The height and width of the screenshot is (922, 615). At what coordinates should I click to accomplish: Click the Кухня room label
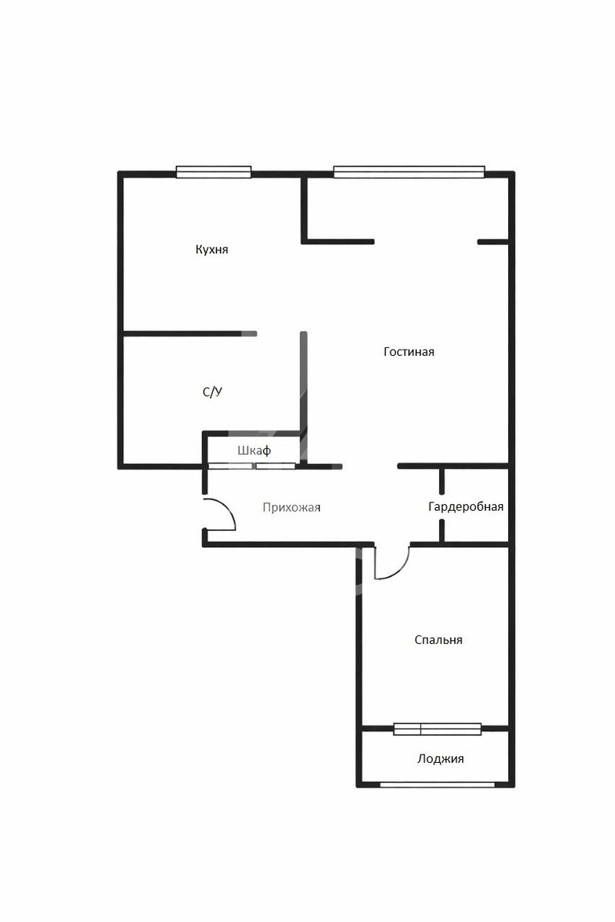(x=211, y=250)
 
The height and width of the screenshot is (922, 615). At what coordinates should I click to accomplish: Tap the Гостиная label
(x=409, y=352)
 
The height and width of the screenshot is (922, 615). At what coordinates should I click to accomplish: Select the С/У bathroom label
(x=212, y=392)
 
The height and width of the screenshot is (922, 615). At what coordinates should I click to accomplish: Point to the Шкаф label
(x=254, y=451)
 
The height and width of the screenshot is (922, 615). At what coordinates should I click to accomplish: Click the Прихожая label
(x=291, y=508)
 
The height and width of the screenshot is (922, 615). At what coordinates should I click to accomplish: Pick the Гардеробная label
(x=466, y=506)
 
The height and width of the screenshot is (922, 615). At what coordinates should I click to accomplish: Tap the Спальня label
(x=438, y=640)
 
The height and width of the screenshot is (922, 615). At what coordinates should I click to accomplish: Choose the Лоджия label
(x=440, y=758)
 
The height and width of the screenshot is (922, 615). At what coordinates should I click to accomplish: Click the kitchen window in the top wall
(x=214, y=172)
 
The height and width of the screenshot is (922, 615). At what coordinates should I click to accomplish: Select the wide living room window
(x=409, y=172)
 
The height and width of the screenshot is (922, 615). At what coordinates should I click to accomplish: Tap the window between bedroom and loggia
(x=437, y=729)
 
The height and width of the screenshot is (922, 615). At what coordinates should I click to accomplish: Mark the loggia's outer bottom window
(x=437, y=785)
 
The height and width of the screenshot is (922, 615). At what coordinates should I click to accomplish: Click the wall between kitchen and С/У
(x=191, y=333)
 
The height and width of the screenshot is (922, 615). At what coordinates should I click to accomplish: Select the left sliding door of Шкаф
(x=231, y=466)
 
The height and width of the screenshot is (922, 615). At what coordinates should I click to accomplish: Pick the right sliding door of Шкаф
(x=275, y=466)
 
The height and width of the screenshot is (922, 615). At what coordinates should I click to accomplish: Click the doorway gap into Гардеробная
(x=441, y=506)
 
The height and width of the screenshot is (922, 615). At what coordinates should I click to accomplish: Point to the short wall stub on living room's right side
(x=493, y=242)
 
